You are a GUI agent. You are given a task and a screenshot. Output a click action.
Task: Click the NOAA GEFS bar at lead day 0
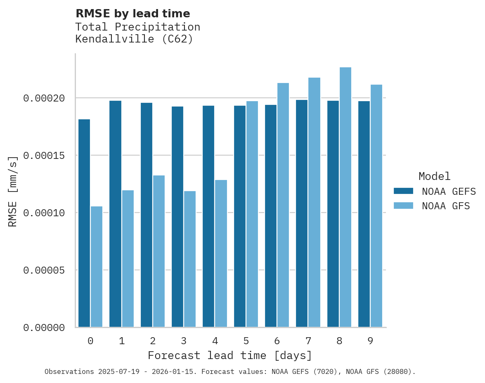(x=84, y=223)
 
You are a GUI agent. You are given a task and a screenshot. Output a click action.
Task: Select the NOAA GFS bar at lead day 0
(x=97, y=267)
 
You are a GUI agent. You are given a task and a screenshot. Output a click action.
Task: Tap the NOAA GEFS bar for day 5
(x=240, y=216)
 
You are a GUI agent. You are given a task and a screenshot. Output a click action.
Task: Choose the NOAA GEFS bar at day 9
(x=364, y=214)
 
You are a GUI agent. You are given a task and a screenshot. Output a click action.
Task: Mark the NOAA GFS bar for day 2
(x=159, y=251)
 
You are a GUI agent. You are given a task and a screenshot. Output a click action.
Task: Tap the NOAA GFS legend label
(x=446, y=206)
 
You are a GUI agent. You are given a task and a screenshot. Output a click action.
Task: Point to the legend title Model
(x=434, y=176)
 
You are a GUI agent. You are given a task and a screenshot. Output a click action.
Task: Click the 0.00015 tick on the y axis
(x=44, y=156)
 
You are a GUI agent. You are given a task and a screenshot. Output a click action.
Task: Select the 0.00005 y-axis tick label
(x=44, y=270)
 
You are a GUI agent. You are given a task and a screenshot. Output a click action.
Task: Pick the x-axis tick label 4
(x=215, y=341)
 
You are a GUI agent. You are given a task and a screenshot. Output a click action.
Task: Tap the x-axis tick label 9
(x=370, y=341)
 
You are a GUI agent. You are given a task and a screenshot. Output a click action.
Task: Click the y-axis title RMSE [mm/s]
(x=13, y=191)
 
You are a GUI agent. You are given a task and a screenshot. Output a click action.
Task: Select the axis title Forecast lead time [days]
(x=230, y=355)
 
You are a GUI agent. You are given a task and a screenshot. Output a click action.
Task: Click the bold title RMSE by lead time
(x=132, y=14)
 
